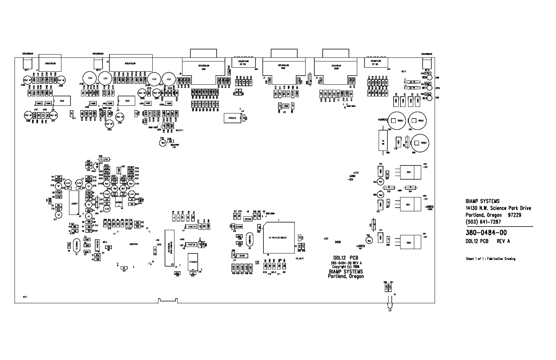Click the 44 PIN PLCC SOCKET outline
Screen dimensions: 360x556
point(279,237)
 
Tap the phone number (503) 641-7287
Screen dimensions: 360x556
point(483,222)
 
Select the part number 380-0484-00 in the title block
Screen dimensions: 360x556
point(486,233)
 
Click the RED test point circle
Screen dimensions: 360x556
point(430,77)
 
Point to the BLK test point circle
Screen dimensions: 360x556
point(430,98)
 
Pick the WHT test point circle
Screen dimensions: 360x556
point(430,88)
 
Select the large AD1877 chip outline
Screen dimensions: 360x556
point(74,203)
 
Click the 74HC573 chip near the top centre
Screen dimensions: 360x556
point(233,118)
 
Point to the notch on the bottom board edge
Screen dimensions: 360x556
point(167,300)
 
